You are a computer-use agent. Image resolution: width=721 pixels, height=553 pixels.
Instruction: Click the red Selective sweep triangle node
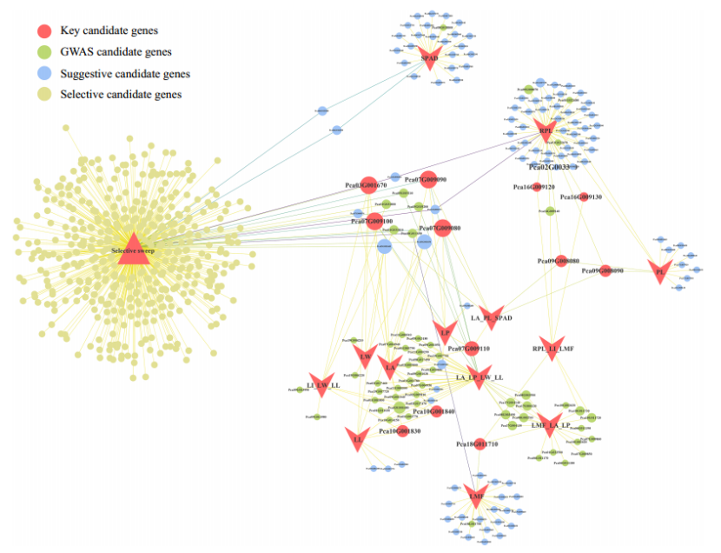click(x=131, y=246)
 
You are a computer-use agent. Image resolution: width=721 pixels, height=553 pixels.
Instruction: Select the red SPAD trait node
click(x=430, y=57)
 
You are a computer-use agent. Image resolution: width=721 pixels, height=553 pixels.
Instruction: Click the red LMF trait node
click(x=476, y=496)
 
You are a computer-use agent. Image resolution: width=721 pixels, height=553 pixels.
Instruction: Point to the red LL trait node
click(x=357, y=438)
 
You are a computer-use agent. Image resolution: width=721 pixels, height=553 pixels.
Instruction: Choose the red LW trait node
click(x=366, y=355)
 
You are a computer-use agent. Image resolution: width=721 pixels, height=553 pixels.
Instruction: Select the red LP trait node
click(x=445, y=332)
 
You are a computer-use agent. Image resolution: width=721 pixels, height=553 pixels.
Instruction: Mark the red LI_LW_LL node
click(x=321, y=383)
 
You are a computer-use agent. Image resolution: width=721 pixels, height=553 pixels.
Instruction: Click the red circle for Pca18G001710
click(x=479, y=444)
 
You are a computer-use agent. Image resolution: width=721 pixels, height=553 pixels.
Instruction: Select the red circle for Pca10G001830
click(x=402, y=430)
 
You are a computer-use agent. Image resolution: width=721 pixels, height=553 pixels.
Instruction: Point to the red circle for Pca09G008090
click(x=605, y=271)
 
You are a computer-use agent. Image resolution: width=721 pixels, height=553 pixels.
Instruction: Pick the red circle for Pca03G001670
click(x=368, y=184)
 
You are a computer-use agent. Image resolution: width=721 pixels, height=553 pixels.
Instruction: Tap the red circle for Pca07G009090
click(x=427, y=178)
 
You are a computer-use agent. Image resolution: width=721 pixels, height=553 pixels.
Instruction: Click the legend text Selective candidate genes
click(x=121, y=94)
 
